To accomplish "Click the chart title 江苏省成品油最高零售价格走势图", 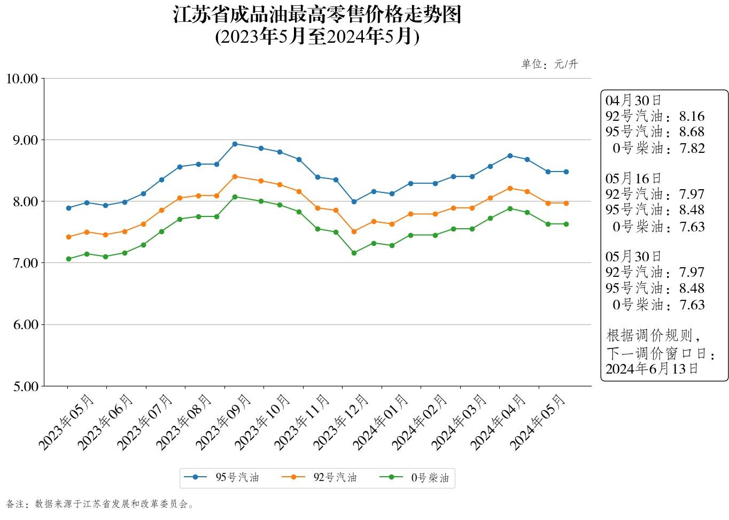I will tap(317, 15).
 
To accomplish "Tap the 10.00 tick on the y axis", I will tap(22, 79).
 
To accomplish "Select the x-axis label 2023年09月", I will tap(223, 422).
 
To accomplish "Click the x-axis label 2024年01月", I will tap(381, 422).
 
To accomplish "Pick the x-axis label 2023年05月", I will tap(66, 422).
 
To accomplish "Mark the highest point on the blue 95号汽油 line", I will tap(235, 144).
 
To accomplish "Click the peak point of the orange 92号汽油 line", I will tap(235, 176).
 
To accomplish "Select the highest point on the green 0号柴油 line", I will tap(235, 197).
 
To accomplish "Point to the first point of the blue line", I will tap(68, 208).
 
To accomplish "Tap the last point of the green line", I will tap(566, 224).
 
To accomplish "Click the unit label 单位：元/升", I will tap(549, 65).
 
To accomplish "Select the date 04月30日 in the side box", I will tap(633, 100).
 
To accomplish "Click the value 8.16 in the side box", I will tap(692, 117).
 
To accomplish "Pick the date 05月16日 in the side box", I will tap(633, 178).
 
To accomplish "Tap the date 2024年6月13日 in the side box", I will tap(652, 369).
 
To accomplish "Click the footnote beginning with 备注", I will tap(100, 504).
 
